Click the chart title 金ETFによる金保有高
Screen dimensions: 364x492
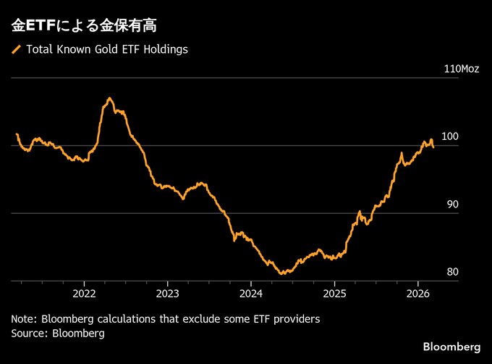[x=84, y=26]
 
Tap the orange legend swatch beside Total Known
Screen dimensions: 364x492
[x=17, y=50]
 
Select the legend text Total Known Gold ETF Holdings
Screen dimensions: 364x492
[x=107, y=50]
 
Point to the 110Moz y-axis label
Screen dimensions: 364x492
[x=461, y=69]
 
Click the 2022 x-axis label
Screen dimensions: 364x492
[x=84, y=294]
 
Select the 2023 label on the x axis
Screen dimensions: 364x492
[x=167, y=294]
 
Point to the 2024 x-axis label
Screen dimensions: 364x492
[x=250, y=294]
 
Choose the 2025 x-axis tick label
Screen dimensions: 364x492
[x=334, y=294]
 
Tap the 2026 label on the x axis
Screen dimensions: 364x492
[x=417, y=294]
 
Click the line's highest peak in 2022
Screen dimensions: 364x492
[x=109, y=98]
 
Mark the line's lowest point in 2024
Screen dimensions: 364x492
[x=281, y=273]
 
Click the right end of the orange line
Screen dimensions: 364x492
[x=433, y=146]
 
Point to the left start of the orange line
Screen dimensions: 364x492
[x=16, y=134]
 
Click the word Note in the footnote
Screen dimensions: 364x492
[x=23, y=319]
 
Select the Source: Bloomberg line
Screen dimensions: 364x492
[x=58, y=334]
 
